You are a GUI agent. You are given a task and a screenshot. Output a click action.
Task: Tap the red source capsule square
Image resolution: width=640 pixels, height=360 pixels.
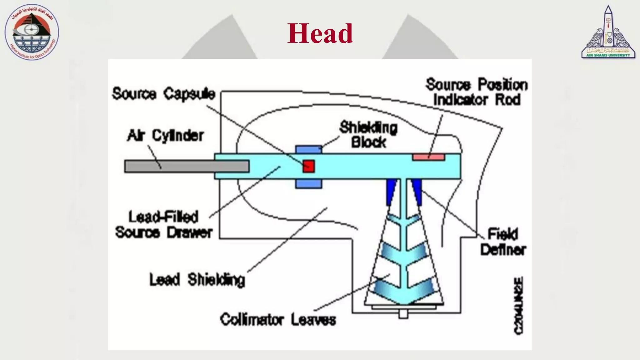[308, 166]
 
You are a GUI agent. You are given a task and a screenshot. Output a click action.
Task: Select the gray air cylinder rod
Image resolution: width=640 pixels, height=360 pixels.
[187, 166]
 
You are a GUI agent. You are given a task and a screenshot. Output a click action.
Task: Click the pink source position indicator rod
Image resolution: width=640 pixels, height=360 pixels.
[428, 157]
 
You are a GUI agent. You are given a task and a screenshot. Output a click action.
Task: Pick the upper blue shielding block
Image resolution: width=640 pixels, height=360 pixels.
[308, 149]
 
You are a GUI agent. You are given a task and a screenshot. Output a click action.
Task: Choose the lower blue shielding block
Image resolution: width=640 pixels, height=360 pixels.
[308, 184]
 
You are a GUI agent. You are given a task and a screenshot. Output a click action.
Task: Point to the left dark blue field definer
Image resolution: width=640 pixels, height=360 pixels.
[391, 191]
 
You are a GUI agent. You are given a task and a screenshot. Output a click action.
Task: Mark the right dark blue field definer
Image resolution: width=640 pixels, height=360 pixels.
[417, 191]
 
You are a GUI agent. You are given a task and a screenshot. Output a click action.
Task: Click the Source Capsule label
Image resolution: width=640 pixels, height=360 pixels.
[164, 94]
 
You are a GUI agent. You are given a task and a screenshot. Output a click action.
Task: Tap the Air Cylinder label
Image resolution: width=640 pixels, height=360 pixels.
[165, 136]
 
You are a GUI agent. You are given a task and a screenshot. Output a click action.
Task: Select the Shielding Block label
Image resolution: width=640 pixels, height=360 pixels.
[368, 135]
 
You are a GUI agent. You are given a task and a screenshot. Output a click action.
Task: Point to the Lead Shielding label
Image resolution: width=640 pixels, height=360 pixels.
[197, 280]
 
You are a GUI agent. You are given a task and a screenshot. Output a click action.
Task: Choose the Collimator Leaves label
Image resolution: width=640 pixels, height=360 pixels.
[278, 320]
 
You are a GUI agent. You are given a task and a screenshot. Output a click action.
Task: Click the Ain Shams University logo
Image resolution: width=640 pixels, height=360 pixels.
[608, 32]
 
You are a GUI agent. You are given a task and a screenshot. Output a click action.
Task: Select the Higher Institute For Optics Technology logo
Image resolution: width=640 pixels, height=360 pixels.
[32, 32]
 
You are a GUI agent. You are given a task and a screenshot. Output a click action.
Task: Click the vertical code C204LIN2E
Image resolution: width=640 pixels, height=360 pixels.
[518, 305]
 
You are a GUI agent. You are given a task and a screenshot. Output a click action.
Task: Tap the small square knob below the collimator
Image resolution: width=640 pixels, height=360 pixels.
[403, 314]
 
